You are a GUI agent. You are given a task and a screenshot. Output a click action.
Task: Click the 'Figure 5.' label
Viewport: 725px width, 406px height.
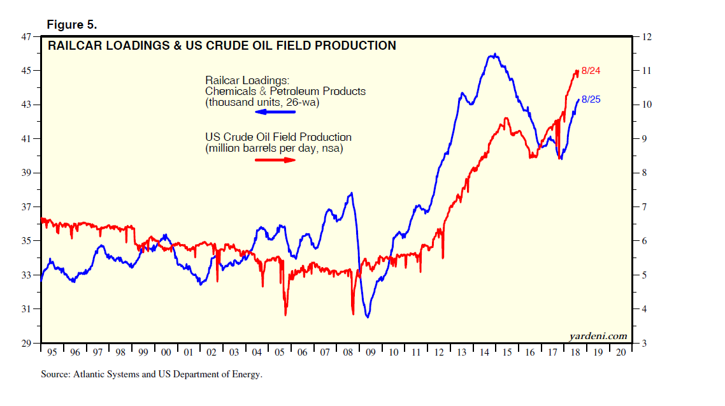pyautogui.click(x=71, y=25)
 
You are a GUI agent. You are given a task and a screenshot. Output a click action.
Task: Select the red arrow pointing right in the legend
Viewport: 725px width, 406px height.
pyautogui.click(x=276, y=159)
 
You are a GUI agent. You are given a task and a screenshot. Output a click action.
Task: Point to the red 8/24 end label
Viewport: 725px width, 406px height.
pyautogui.click(x=591, y=71)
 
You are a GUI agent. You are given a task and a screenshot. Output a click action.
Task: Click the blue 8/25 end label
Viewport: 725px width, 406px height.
pyautogui.click(x=591, y=99)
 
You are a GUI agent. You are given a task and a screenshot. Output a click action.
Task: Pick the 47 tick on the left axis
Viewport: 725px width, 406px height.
pyautogui.click(x=27, y=36)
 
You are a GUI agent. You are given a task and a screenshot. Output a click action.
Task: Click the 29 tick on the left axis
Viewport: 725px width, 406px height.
pyautogui.click(x=27, y=344)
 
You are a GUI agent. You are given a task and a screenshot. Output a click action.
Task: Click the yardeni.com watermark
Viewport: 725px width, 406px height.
pyautogui.click(x=598, y=336)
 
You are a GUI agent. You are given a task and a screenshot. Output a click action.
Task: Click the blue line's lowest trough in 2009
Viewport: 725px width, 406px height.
pyautogui.click(x=368, y=317)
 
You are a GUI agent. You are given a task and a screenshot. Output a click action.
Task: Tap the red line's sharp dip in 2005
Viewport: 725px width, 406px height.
pyautogui.click(x=285, y=314)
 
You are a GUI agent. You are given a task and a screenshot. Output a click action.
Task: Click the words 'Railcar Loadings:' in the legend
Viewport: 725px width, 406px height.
pyautogui.click(x=247, y=80)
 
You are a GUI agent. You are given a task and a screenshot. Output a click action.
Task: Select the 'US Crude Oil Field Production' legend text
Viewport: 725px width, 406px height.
pyautogui.click(x=278, y=137)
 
